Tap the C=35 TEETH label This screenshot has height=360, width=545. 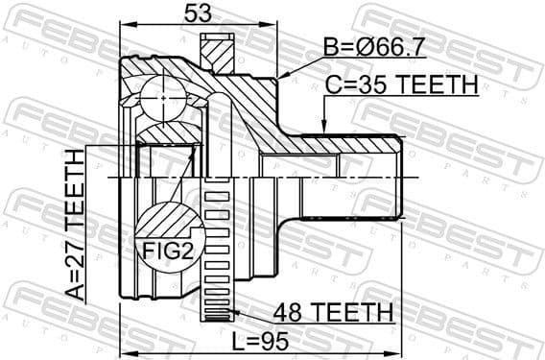pyautogui.click(x=401, y=85)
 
